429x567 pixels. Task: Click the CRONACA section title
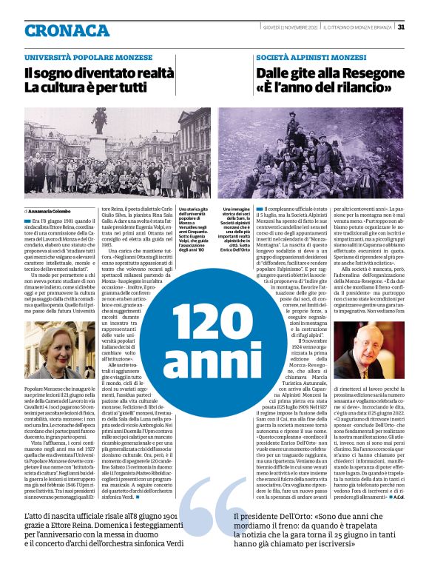pos(67,30)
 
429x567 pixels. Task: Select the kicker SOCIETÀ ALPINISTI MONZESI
pos(311,57)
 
